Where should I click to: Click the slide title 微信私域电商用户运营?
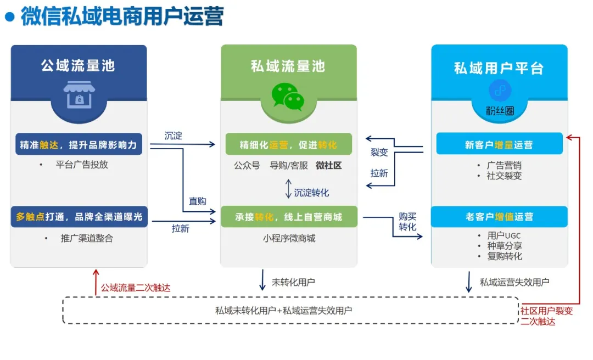[x=122, y=17]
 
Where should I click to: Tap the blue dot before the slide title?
[x=9, y=17]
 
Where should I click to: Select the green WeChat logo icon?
[x=288, y=97]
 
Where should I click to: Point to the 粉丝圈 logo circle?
[x=500, y=91]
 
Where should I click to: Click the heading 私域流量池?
[x=288, y=66]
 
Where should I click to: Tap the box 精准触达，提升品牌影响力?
[x=79, y=145]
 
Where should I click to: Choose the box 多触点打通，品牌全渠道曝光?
[x=79, y=217]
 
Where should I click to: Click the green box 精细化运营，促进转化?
[x=288, y=145]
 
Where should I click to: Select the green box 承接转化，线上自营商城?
[x=288, y=217]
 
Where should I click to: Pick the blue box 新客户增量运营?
[x=499, y=145]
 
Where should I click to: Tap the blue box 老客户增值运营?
[x=499, y=217]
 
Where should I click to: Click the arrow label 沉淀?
[x=174, y=136]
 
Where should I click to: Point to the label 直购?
[x=198, y=201]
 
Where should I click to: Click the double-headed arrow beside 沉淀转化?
[x=288, y=189]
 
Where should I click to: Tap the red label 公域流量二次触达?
[x=136, y=288]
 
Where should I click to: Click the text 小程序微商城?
[x=289, y=238]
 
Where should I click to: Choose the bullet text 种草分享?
[x=505, y=246]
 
